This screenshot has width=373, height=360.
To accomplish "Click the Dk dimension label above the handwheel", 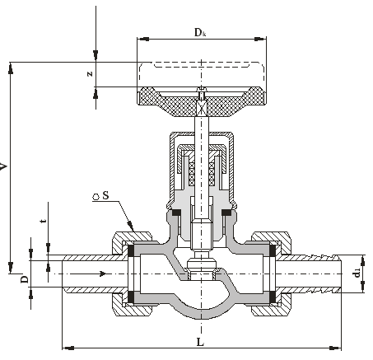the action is pos(200,32).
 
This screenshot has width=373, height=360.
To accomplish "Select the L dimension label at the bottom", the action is pos(200,342).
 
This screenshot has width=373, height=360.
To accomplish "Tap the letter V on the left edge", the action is pos(3,166).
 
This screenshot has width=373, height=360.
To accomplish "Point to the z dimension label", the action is pos(90,73).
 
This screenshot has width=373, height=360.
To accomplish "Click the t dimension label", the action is pos(43,221).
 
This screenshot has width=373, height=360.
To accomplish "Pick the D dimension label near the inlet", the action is pos(25,279).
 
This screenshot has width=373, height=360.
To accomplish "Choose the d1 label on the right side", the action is pos(357,274).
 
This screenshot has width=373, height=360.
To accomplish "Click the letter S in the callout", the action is pos(105,195).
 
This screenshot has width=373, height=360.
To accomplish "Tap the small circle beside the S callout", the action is pos(96,197).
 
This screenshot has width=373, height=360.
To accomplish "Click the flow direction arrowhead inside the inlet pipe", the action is pos(103,274).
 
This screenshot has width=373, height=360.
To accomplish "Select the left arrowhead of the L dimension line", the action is pos(68,348).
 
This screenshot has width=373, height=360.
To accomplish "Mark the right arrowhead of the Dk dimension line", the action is pos(260,39).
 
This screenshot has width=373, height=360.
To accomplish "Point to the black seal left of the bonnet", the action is pos(176,213).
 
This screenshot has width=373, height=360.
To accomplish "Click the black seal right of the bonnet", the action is pos(226,213).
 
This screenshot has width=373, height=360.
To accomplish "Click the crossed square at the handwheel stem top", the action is pos(202,106).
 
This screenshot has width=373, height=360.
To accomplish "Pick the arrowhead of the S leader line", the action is pos(131,226).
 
